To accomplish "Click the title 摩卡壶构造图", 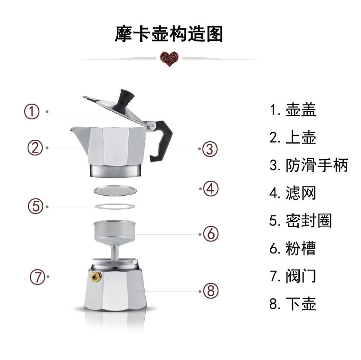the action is coord(169,34).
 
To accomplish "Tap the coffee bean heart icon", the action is coord(169,58).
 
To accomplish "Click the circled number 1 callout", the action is coord(32,112).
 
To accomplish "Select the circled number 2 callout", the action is coord(35,147).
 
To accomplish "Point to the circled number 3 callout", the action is coord(209,149).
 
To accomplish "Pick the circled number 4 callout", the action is coord(210,188).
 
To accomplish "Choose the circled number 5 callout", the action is coord(35,206).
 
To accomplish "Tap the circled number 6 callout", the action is coord(210,234).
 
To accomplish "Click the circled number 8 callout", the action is coord(210,290).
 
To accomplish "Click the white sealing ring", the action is coord(114,206).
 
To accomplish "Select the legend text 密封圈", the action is coord(309,221).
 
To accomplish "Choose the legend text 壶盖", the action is coord(301,110).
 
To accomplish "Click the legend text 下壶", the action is coord(301,304).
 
